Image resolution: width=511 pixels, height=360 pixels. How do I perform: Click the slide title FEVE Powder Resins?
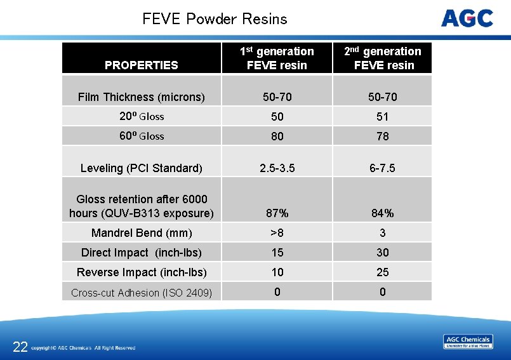[215, 19]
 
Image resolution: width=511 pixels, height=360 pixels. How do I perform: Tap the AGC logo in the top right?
[467, 18]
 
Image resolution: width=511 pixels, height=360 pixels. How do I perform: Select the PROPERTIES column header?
[141, 65]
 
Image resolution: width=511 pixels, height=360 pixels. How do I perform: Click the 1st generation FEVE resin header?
[277, 58]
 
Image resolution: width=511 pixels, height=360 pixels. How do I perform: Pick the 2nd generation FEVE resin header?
[383, 58]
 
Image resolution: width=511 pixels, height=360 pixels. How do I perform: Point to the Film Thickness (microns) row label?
[141, 97]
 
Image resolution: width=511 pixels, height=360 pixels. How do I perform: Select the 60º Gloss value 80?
[277, 137]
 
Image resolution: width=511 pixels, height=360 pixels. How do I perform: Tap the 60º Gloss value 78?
[383, 137]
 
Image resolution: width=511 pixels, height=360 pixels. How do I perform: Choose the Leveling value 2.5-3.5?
[277, 168]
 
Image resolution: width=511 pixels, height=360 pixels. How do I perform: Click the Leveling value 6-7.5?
[383, 168]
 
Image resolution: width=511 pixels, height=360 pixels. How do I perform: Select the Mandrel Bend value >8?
[277, 233]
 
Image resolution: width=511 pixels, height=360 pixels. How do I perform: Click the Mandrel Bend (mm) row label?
[141, 233]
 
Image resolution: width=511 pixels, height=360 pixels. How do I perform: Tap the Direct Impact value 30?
[383, 253]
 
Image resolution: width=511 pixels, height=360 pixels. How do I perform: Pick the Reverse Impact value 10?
[277, 272]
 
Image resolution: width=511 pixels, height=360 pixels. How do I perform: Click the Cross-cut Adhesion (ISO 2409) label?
[141, 293]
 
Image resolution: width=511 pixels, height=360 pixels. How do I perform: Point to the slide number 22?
[20, 347]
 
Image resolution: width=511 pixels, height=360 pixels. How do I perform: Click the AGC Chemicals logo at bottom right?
[467, 342]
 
